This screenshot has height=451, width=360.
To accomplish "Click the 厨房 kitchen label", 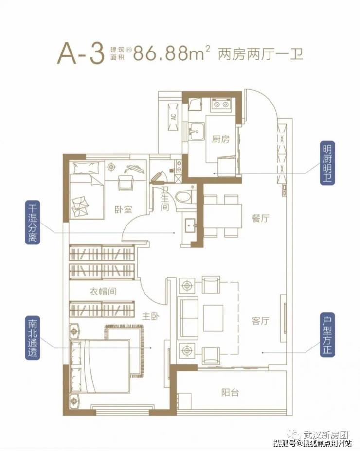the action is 220,139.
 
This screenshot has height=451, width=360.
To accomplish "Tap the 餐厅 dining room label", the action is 260,218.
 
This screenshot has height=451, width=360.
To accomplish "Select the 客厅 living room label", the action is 260,320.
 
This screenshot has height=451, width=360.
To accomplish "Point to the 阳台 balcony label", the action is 230,392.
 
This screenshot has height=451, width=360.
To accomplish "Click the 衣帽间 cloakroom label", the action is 103,292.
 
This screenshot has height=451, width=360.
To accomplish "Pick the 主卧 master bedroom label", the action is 150,317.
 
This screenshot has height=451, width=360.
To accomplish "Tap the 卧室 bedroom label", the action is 124,209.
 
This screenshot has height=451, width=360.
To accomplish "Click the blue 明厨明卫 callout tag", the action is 327,163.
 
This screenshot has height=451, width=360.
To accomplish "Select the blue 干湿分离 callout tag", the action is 33,222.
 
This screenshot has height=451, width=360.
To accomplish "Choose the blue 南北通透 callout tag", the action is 33,338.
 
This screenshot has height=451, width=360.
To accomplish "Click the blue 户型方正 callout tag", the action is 327,335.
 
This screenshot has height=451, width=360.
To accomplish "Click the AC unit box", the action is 173,117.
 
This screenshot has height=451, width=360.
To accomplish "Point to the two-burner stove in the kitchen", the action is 221,104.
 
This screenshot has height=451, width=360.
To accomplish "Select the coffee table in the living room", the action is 213,318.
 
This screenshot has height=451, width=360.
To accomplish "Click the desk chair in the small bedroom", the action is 126,182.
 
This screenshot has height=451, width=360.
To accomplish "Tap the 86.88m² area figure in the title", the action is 172,53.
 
